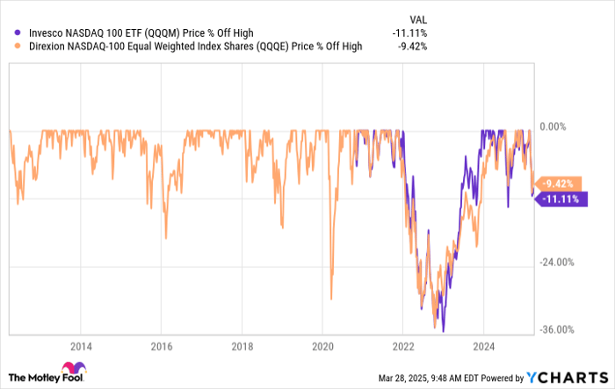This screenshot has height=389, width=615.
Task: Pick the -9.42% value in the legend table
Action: click(x=412, y=46)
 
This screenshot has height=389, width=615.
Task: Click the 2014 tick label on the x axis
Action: click(x=80, y=345)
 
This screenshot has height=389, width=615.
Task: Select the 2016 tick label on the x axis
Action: click(x=161, y=345)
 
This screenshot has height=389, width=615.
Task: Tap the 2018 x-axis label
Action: click(x=242, y=345)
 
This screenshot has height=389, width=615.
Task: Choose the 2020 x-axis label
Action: click(x=322, y=345)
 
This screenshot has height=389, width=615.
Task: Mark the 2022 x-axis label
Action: click(x=403, y=345)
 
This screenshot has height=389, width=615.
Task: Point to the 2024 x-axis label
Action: click(x=484, y=345)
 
